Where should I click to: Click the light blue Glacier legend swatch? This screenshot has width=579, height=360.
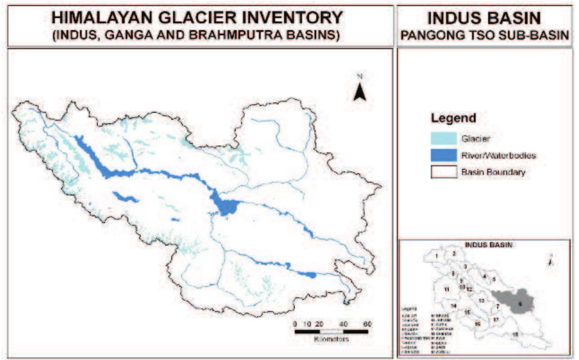(443, 138)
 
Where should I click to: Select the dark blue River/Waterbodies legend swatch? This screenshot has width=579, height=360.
(443, 155)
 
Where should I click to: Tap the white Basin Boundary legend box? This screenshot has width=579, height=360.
(443, 172)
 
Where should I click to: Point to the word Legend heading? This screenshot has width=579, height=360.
(453, 118)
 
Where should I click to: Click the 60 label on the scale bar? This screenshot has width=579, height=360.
(367, 324)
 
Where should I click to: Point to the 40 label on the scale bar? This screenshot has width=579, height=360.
(343, 324)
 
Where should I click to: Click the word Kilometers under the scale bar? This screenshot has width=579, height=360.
(331, 339)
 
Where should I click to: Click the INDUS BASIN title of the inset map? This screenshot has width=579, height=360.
(488, 245)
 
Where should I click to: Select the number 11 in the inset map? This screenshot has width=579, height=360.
(447, 289)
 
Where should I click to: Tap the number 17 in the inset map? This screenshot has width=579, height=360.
(496, 320)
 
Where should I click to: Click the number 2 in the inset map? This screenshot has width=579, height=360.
(454, 253)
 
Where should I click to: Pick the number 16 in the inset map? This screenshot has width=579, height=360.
(478, 324)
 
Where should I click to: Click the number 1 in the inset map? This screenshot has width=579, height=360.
(437, 256)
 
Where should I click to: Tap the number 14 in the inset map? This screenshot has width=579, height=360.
(453, 306)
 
